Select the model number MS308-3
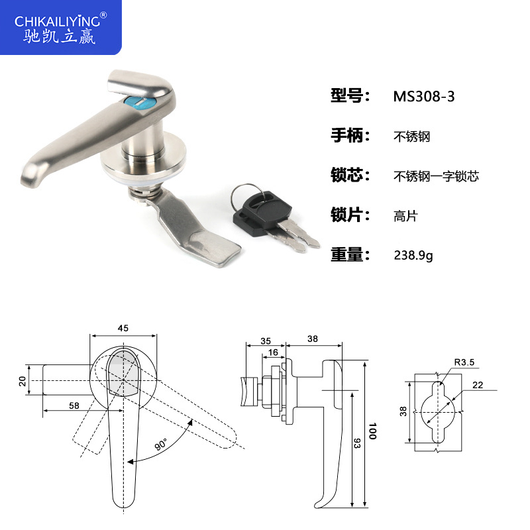[x=424, y=96]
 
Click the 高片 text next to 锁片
[x=405, y=215]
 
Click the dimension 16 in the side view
[x=273, y=352]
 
